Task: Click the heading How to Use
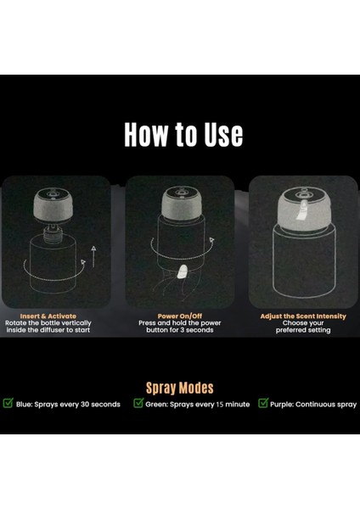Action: tap(183, 134)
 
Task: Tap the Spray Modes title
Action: tap(180, 388)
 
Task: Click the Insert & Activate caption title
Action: tap(48, 316)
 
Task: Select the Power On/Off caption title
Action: tap(180, 316)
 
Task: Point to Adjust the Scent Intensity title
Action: tap(303, 316)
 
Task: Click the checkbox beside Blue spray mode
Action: tap(8, 403)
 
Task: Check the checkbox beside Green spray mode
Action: tap(138, 403)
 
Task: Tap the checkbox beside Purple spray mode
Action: tap(263, 403)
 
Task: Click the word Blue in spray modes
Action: tap(24, 405)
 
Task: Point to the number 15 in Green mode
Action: tap(220, 405)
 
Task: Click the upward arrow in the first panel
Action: tap(93, 257)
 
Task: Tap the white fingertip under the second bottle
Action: tap(183, 271)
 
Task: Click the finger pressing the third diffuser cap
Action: tap(303, 210)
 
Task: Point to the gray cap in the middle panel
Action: tap(181, 204)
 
